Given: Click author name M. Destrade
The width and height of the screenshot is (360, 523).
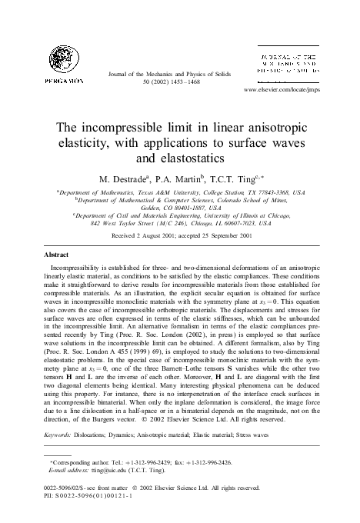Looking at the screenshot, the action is click(121, 178).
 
